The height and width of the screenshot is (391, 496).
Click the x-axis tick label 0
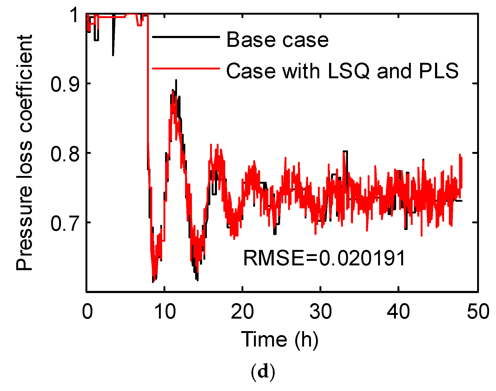[x=87, y=312]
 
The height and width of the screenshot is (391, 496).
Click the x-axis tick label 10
[x=165, y=312]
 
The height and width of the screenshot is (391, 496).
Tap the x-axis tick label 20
[x=242, y=312]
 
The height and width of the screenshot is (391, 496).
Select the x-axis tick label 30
[x=320, y=312]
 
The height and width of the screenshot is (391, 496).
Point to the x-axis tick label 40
[x=398, y=312]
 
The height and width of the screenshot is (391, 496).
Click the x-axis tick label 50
[x=478, y=312]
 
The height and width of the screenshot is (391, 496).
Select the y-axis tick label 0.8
[x=65, y=154]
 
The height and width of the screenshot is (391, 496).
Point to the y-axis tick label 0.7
[x=65, y=223]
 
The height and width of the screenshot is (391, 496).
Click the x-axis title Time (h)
[x=280, y=339]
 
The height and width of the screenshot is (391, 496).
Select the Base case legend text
[x=277, y=40]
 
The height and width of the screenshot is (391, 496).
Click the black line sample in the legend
[x=186, y=37]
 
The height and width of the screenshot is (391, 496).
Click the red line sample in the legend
[x=186, y=68]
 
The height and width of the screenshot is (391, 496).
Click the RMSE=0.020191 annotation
[x=324, y=258]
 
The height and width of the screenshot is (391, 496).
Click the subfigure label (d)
[x=263, y=372]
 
